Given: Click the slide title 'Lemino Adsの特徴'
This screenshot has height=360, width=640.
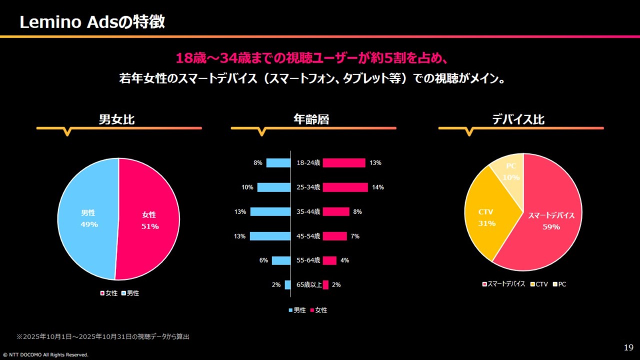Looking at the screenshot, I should click(x=92, y=22).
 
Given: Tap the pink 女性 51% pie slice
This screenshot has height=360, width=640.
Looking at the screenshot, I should click(x=149, y=220).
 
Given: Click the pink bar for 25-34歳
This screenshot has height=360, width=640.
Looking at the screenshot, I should click(x=345, y=187).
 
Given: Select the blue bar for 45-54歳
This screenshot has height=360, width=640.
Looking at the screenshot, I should click(x=270, y=236).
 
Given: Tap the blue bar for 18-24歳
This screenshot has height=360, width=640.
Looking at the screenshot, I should click(x=278, y=163).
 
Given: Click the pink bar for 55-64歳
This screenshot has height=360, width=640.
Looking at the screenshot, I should click(x=329, y=260).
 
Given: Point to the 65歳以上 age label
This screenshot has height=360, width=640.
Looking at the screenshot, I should click(x=309, y=285).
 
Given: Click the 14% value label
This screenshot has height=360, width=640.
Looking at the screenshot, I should click(x=377, y=187).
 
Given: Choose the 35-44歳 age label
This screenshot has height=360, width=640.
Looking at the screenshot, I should click(x=308, y=212).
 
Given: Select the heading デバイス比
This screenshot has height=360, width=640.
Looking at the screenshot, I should click(x=518, y=119).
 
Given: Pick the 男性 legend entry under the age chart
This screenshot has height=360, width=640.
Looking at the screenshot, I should click(x=297, y=310).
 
